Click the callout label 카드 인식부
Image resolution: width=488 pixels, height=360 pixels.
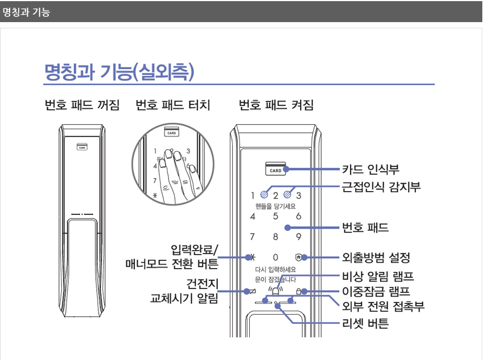[370, 168]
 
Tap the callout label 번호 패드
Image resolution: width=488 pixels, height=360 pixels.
[365, 228]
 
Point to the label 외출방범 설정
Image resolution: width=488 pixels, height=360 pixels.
[376, 257]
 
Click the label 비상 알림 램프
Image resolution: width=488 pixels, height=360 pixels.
[378, 277]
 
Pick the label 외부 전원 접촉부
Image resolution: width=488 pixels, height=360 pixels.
[383, 306]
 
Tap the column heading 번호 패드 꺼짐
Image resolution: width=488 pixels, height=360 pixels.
[82, 105]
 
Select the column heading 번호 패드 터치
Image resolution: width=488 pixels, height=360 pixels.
[173, 105]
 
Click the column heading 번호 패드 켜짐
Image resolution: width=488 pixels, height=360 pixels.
[276, 105]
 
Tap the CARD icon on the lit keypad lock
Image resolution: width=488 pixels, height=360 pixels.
[275, 169]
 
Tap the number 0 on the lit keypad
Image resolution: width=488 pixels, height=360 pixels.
[276, 257]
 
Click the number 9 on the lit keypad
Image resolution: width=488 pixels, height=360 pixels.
[298, 237]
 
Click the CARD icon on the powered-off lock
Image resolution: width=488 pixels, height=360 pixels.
[82, 146]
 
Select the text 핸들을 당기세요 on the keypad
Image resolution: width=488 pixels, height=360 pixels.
[275, 206]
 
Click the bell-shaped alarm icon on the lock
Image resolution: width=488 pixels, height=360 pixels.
[276, 291]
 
